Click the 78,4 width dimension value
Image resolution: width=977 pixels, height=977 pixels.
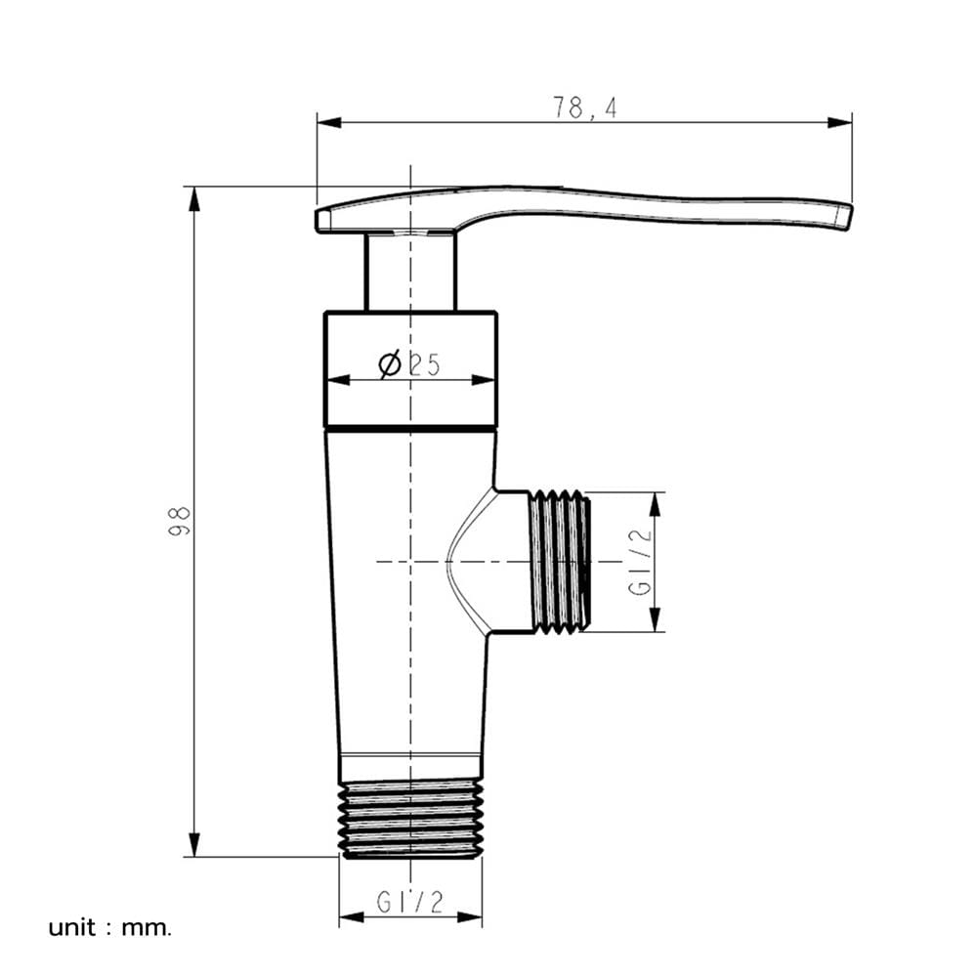coord(585,107)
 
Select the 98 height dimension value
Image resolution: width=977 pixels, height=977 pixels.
coord(180,521)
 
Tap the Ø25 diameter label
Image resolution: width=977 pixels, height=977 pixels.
coord(409,363)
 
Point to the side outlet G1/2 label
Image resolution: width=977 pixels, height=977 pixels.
coord(640,562)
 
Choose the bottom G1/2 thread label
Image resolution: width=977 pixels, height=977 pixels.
coord(410,902)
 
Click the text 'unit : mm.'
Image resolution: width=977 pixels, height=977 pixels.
coord(109,928)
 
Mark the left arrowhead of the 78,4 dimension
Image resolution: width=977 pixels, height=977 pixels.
coord(329,122)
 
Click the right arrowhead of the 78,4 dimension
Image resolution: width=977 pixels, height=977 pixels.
coord(840,122)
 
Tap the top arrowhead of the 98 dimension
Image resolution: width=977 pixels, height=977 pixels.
coord(195,198)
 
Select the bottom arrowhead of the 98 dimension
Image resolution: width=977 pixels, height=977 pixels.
coord(195,844)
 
